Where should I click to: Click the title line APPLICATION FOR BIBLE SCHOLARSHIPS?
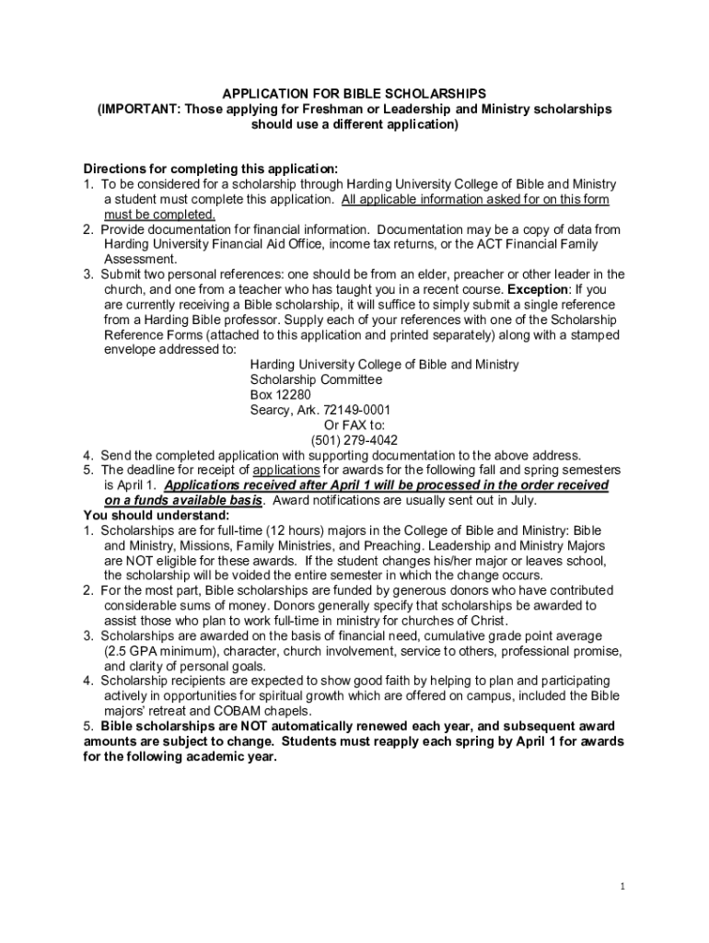point(354,94)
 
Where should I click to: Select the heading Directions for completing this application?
point(211,169)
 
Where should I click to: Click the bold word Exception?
point(534,289)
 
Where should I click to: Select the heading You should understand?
point(156,515)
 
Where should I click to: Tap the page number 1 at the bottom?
point(623,887)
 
